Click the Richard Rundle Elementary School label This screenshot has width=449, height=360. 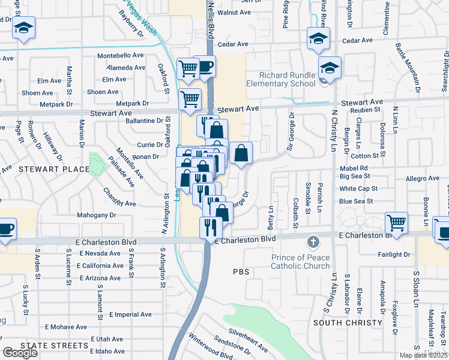(x=288, y=79)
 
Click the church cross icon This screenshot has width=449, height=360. (x=312, y=242)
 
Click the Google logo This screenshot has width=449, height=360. (x=20, y=353)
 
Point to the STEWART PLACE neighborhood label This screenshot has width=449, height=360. (x=54, y=169)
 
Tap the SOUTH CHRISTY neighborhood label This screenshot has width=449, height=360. (x=348, y=323)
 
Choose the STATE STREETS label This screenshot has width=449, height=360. (x=54, y=346)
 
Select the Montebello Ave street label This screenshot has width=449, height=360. (x=121, y=55)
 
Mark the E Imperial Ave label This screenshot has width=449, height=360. (x=130, y=314)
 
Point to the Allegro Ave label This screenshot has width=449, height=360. (x=423, y=179)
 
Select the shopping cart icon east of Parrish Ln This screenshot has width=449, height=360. (x=397, y=223)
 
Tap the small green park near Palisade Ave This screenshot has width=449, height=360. (x=95, y=163)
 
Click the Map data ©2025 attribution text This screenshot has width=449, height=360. (x=424, y=355)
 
